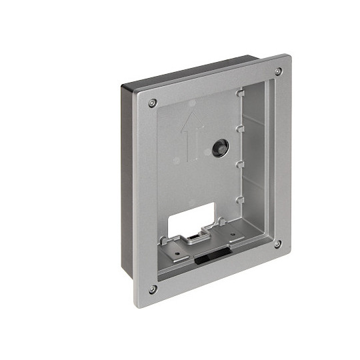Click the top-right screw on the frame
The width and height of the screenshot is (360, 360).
pos(278,71)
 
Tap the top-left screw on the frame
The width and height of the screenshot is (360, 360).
pos(153,102)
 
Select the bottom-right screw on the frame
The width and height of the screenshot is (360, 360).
pos(277,244)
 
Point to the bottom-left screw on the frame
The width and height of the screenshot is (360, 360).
pos(153,289)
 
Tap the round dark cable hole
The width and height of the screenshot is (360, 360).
pos(219,149)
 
